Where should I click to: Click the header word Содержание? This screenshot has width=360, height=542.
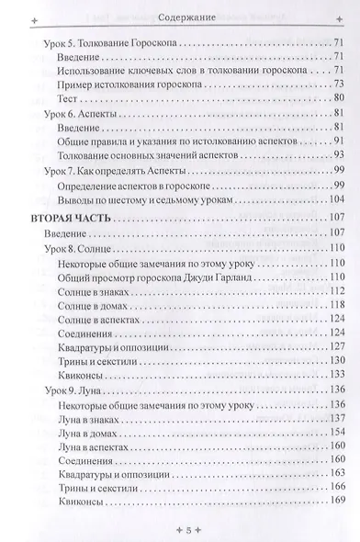(179, 17)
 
